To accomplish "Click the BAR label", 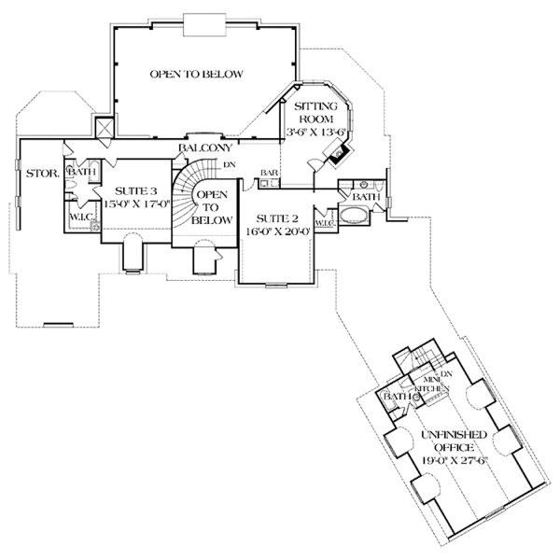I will coord(270,173).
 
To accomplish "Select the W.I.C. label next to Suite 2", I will coord(325,223).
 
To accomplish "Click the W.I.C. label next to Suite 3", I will coord(78,218).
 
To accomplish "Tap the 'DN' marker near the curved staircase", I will coord(230,165).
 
